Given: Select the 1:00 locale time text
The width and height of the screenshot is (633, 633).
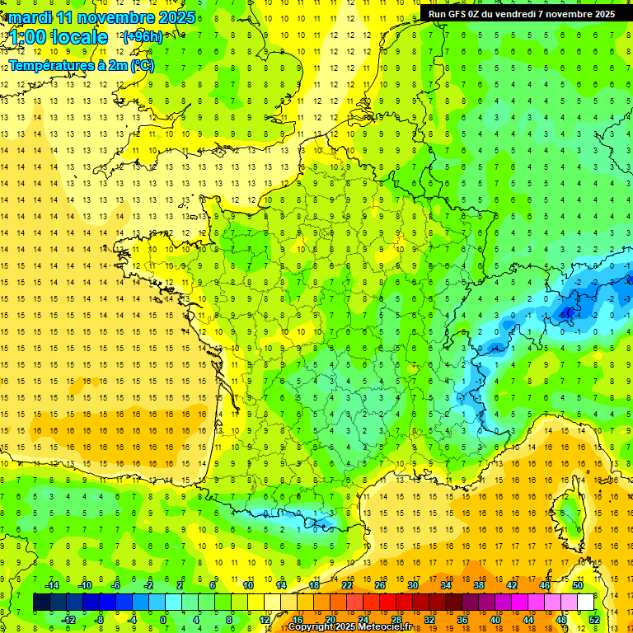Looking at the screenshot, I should pyautogui.click(x=59, y=38).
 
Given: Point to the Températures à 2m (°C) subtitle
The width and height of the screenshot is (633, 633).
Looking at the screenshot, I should pyautogui.click(x=80, y=65).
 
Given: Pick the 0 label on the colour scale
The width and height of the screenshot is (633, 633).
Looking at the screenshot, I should pyautogui.click(x=162, y=620).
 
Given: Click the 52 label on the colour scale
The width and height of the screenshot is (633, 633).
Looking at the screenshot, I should pyautogui.click(x=594, y=620).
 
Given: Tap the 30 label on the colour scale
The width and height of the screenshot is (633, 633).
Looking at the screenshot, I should pyautogui.click(x=412, y=585).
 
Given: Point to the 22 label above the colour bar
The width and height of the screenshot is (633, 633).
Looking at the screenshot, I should pyautogui.click(x=347, y=585).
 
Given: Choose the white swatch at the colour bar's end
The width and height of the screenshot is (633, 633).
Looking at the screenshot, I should pyautogui.click(x=585, y=603).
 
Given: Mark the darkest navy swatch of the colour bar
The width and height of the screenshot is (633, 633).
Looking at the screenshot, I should pyautogui.click(x=41, y=603).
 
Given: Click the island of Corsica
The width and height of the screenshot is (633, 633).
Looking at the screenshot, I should pyautogui.click(x=568, y=515).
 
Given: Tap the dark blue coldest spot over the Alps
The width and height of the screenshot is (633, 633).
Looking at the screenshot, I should pyautogui.click(x=567, y=312).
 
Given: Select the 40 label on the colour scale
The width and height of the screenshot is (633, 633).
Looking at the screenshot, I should pyautogui.click(x=495, y=620).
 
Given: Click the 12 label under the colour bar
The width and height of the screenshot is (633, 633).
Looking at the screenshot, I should pyautogui.click(x=265, y=620).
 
